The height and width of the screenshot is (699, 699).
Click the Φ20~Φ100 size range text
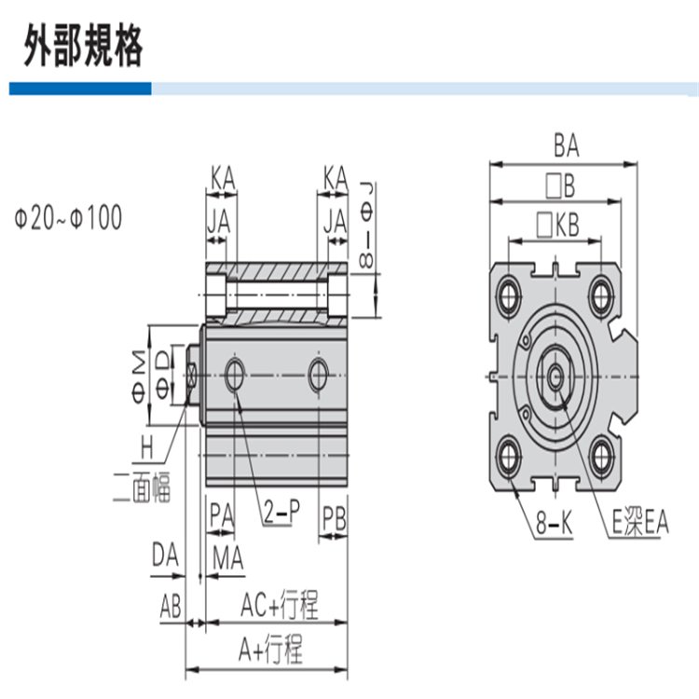68,220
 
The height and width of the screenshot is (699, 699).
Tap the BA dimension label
566,146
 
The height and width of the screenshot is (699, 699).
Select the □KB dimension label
558,224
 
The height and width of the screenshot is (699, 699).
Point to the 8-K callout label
554,526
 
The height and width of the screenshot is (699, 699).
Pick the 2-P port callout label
279,513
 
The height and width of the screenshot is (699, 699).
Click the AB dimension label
171,608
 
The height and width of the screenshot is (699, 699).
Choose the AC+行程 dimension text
280,607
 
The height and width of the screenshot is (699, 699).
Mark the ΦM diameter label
134,371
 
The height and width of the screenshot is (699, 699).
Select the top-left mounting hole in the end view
509,295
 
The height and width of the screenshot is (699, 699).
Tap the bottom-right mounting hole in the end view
603,456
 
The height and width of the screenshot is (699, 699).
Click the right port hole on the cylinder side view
320,374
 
